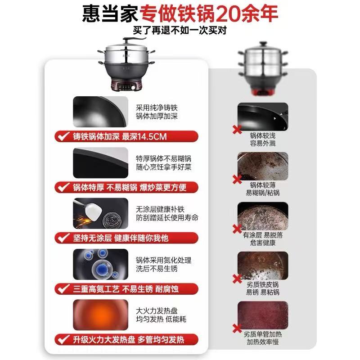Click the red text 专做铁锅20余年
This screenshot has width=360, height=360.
[209, 13]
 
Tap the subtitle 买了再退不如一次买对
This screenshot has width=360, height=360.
[180, 30]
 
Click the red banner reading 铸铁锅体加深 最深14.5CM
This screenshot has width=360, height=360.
[126, 136]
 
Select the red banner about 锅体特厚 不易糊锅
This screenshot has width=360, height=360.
[126, 187]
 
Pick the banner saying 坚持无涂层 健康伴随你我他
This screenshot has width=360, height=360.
[126, 238]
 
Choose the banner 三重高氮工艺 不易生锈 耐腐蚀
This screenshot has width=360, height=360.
[126, 289]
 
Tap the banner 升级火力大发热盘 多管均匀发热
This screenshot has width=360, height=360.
[126, 340]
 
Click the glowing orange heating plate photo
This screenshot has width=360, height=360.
[100, 315]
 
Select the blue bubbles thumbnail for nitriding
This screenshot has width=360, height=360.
[100, 264]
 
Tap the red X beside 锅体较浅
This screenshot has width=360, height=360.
[237, 130]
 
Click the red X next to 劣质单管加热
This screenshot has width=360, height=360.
[237, 328]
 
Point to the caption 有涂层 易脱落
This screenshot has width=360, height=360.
[263, 235]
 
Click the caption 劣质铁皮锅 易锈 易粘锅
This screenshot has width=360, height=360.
[263, 288]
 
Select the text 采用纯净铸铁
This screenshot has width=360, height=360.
[157, 108]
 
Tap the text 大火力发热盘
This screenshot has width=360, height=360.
[157, 310]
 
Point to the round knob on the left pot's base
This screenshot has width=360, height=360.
[133, 87]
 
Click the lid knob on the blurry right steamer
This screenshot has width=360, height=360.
[263, 44]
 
